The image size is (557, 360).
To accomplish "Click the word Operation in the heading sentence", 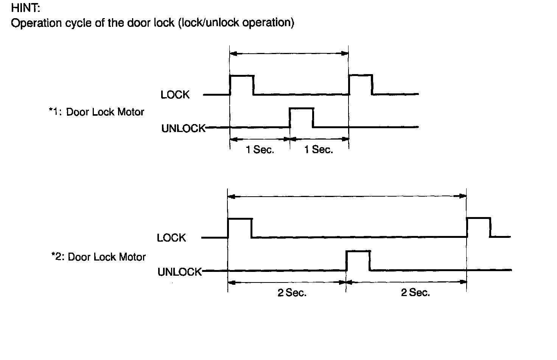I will click(x=36, y=23).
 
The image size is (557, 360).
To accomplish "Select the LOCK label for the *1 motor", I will click(x=175, y=95).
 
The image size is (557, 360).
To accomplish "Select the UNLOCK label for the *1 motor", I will click(x=183, y=129).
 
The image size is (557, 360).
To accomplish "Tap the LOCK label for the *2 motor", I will click(x=171, y=238).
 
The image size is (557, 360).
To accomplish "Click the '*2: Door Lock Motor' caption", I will click(x=98, y=257).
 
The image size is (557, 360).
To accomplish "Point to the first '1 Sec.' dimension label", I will click(x=260, y=150).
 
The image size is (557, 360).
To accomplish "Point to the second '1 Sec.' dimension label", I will click(x=319, y=150).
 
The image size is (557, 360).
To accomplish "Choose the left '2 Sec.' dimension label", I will click(x=292, y=293).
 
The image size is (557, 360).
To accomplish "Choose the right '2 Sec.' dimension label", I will click(x=415, y=293).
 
